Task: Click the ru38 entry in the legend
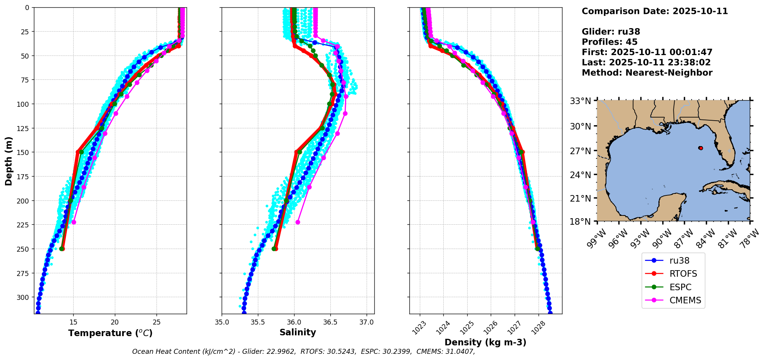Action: pos(679,261)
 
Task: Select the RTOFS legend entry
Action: pos(683,274)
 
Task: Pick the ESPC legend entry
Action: pos(680,287)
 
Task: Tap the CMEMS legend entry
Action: pos(685,300)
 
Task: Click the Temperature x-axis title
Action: pos(110,333)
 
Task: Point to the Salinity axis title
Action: pos(298,332)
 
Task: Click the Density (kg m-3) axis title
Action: pos(485,342)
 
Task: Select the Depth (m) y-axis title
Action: pos(8,161)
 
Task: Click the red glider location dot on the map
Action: pos(700,148)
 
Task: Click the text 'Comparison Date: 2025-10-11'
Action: pos(655,11)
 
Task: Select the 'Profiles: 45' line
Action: pos(609,42)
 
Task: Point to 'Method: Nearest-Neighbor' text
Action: pos(647,72)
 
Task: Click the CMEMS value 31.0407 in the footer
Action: pos(459,352)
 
